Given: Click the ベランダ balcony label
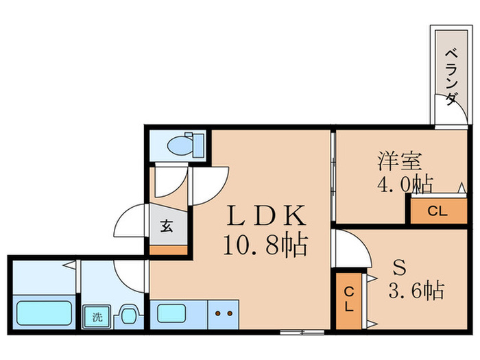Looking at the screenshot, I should (x=451, y=76).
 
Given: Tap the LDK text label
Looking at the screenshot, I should (x=266, y=217).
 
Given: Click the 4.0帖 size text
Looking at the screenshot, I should (x=403, y=184).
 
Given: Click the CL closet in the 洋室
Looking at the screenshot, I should (x=437, y=211).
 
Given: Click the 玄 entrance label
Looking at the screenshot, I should (x=167, y=224).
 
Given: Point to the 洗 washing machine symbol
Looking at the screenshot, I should (x=97, y=317).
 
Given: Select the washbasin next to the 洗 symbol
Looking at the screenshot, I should (x=128, y=315).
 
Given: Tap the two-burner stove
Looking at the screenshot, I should (x=223, y=315).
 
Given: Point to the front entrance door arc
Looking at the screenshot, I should (x=128, y=226).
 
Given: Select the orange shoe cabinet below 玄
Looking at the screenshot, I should (x=168, y=249).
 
